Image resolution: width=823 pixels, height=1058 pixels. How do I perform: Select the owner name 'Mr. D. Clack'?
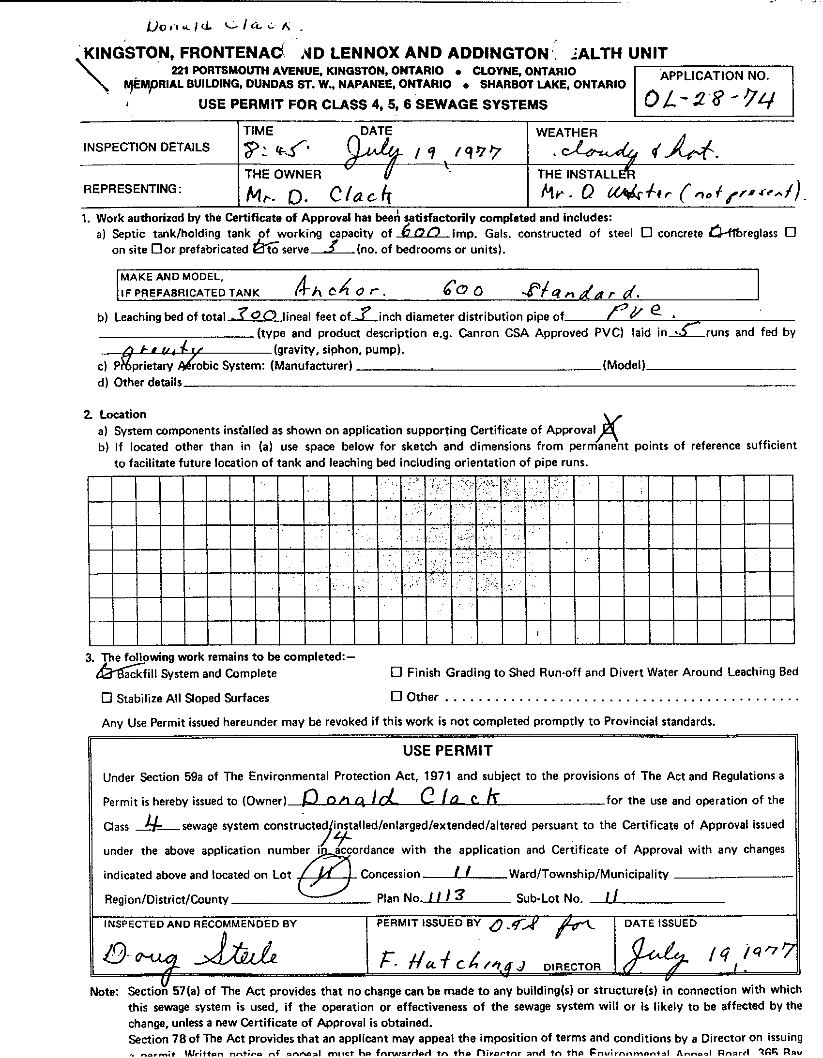[318, 195]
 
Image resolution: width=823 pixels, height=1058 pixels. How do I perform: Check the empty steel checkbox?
[646, 233]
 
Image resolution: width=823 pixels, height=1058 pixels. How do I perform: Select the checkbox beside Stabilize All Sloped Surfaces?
[106, 698]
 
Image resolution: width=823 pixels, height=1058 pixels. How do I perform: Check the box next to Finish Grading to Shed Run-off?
[396, 672]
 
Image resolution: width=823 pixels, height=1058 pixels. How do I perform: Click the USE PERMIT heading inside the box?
[447, 750]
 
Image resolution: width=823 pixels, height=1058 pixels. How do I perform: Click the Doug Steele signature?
[190, 956]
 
